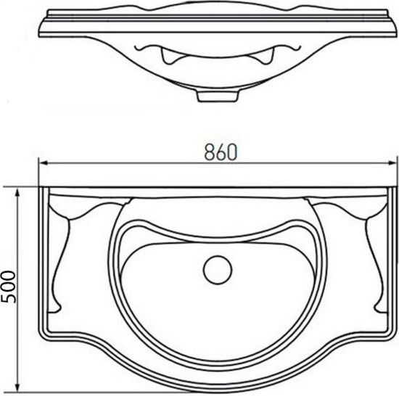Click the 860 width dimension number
pyautogui.click(x=221, y=152)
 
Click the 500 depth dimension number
pyautogui.click(x=8, y=286)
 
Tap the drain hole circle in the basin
pyautogui.click(x=218, y=270)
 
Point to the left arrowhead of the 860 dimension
pyautogui.click(x=44, y=163)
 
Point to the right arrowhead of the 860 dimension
pyautogui.click(x=391, y=163)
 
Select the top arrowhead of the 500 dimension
pyautogui.click(x=17, y=194)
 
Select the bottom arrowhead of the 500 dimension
pyautogui.click(x=17, y=387)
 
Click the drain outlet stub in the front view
pyautogui.click(x=218, y=96)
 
